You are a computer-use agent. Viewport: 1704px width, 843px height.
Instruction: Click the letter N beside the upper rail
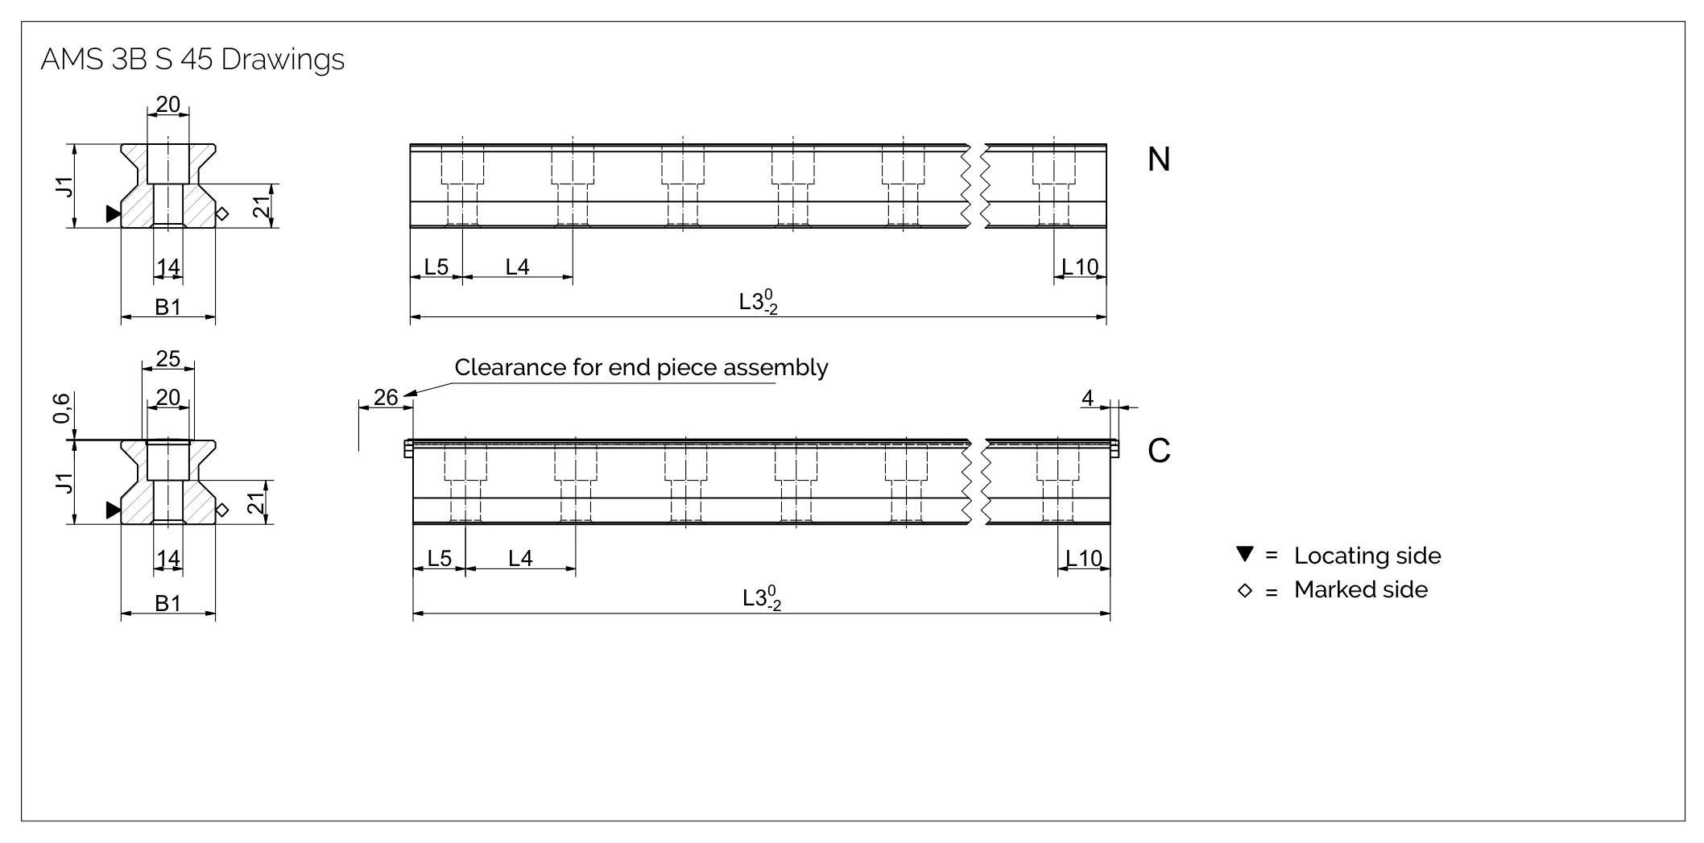click(1158, 159)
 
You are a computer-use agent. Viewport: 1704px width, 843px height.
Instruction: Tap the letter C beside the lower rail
click(1159, 451)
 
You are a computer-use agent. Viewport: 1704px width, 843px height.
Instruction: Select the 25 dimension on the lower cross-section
click(168, 358)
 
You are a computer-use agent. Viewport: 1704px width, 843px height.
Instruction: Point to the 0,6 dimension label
click(62, 408)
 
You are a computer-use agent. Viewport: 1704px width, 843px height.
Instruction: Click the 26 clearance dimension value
click(387, 397)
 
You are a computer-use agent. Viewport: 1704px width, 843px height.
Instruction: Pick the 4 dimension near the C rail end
click(1088, 398)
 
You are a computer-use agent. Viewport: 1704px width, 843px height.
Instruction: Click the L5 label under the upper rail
click(436, 267)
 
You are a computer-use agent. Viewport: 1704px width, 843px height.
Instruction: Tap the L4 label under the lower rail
click(521, 558)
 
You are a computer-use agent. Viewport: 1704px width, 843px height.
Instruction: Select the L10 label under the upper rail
click(1081, 267)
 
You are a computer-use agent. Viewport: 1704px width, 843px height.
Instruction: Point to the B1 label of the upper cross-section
click(168, 307)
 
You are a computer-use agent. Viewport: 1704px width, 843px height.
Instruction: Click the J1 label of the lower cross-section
click(65, 483)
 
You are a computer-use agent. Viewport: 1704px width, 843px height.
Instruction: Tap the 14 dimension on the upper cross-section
click(168, 267)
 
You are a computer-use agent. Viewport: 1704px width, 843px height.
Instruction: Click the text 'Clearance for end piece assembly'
click(641, 367)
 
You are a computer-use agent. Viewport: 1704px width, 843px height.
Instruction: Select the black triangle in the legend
click(1245, 554)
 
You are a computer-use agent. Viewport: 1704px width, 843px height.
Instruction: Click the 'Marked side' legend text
click(1361, 589)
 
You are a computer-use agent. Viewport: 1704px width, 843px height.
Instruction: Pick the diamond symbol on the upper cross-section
click(223, 213)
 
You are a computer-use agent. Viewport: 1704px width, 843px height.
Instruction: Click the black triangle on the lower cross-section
click(114, 510)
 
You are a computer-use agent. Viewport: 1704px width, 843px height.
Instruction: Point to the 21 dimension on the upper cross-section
click(261, 207)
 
